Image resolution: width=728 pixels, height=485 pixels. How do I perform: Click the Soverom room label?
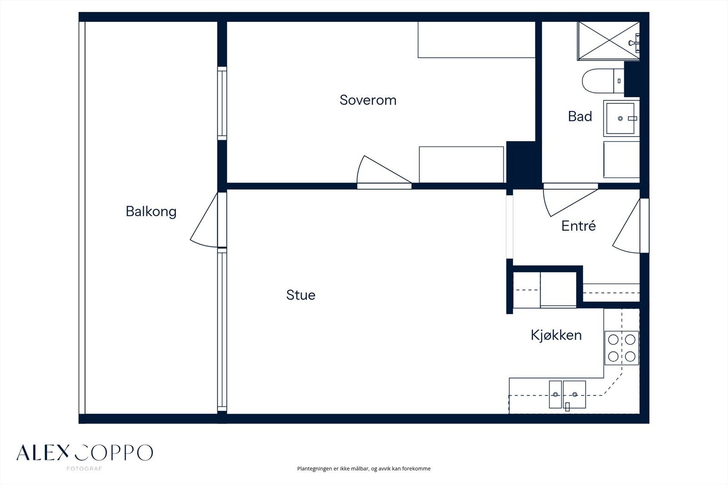click(x=368, y=100)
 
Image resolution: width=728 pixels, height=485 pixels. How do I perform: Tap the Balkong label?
click(x=151, y=212)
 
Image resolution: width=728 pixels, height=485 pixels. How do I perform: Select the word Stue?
click(x=301, y=295)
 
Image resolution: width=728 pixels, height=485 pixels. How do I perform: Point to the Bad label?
click(x=580, y=116)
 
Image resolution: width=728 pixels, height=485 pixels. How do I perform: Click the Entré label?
click(x=578, y=226)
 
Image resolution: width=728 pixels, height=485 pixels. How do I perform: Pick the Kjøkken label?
click(x=556, y=335)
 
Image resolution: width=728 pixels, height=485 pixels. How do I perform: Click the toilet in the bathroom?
click(x=603, y=81)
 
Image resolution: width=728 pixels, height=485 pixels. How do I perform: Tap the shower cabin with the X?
click(x=608, y=41)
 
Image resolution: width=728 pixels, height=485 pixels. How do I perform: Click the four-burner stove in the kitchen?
click(x=622, y=348)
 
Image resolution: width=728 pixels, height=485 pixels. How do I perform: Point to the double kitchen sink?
click(x=567, y=394)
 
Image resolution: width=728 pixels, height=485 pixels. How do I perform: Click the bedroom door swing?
click(x=384, y=169)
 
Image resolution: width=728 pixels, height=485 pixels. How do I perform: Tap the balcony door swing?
click(x=204, y=220)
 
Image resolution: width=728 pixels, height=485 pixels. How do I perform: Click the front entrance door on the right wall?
click(x=626, y=226)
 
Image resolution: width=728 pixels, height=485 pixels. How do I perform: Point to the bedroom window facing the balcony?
click(x=222, y=103)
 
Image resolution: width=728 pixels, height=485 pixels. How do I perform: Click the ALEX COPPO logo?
click(x=85, y=453)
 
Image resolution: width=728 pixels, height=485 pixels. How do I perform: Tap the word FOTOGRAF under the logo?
click(x=84, y=469)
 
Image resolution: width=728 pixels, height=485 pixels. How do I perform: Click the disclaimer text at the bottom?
click(x=364, y=469)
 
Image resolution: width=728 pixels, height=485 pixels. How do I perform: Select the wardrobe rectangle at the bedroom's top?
click(x=476, y=40)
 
